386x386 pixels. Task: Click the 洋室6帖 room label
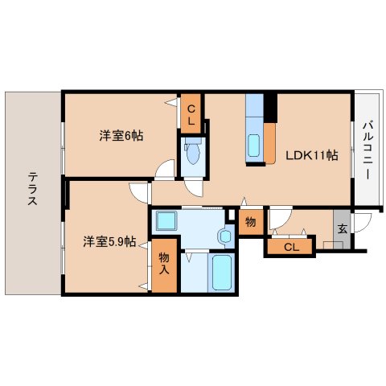pos(121,137)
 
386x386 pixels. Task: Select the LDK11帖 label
pos(310,155)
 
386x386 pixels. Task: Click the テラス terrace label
pos(31,190)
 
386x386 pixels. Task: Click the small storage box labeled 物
pos(250,223)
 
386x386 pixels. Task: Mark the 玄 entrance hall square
pos(342,228)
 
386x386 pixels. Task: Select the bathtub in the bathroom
pos(220,273)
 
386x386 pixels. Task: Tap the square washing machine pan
pos(168,220)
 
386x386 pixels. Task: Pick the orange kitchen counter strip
pos(269,142)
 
